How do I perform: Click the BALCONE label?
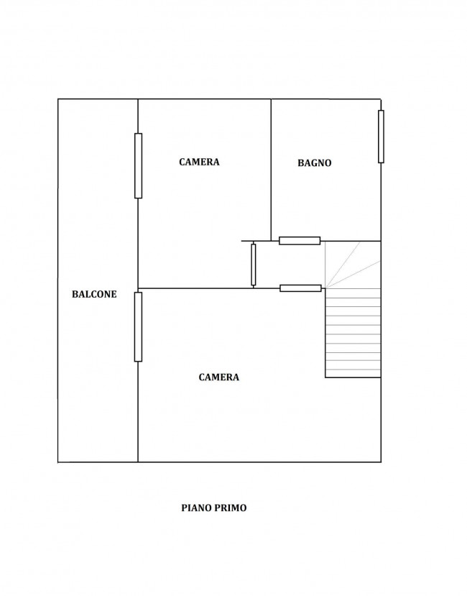[94, 294]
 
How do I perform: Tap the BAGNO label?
[314, 162]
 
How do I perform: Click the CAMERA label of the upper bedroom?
[199, 162]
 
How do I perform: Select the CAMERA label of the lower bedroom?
[219, 377]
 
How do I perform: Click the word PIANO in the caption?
[198, 508]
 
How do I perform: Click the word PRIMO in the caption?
[231, 508]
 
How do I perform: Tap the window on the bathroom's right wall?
[381, 137]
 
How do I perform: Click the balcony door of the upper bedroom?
[139, 166]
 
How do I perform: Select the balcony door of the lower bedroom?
[139, 327]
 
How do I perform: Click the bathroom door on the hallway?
[300, 241]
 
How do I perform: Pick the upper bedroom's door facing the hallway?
[254, 265]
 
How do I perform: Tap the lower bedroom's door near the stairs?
[300, 288]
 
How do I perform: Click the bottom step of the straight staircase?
[353, 373]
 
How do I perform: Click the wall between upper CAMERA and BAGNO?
[271, 170]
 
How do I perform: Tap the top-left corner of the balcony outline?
[58, 99]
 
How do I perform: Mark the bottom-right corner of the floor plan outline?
[381, 462]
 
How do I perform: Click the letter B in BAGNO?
[300, 162]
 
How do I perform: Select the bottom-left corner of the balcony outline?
[58, 462]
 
